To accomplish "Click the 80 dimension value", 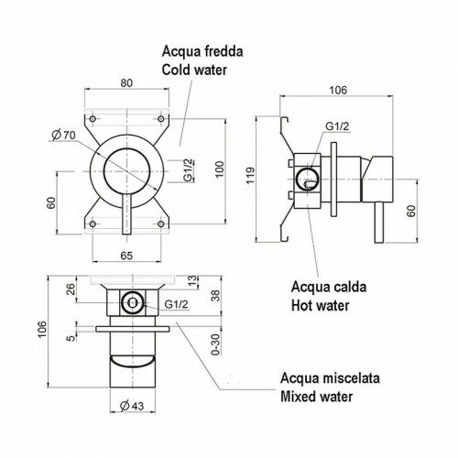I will coord(126,82).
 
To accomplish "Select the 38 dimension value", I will coord(214,296).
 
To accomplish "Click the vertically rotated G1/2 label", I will coord(188,170).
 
